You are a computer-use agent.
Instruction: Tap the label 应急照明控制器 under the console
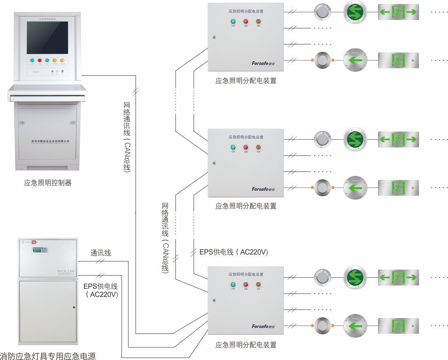48,183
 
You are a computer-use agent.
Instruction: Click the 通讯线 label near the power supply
101,253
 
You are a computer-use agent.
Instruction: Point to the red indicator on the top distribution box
246,22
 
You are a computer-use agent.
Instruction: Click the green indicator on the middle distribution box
233,147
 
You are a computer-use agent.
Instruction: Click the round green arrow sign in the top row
355,12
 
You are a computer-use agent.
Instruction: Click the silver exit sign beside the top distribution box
398,61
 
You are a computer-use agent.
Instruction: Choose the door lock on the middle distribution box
214,163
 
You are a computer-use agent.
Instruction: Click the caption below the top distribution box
246,81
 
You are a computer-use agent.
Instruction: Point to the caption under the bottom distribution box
246,345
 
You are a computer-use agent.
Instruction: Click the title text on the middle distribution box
246,137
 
